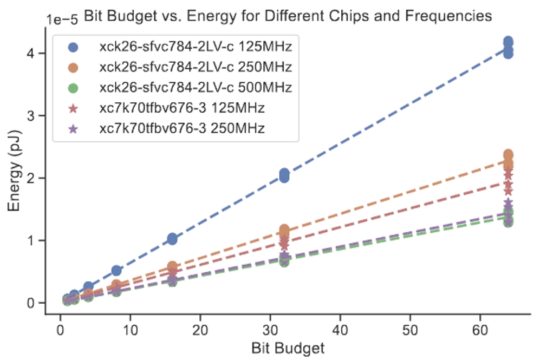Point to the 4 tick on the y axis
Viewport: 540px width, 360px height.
33,53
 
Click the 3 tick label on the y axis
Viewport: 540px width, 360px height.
33,115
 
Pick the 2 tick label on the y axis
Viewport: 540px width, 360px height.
33,178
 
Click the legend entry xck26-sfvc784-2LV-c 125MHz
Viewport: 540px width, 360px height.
196,47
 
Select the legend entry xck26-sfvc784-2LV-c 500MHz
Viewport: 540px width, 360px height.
196,87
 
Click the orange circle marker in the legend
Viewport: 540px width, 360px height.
73,68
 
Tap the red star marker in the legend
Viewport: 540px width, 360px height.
73,108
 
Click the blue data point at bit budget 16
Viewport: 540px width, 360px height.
172,239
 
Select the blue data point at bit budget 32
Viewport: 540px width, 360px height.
284,175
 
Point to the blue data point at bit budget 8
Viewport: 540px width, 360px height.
116,271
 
